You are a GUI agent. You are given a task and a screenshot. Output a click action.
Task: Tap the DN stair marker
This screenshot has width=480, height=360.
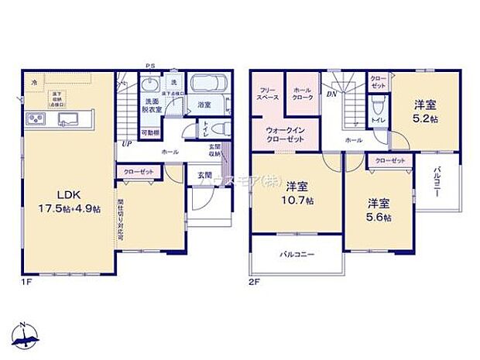tap(331, 94)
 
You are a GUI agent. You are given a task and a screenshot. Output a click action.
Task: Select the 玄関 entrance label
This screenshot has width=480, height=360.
tap(203, 175)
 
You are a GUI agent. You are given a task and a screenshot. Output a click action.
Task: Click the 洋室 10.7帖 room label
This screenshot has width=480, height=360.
tap(298, 193)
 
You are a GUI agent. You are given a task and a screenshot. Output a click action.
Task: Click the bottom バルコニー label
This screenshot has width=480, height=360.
tap(296, 255)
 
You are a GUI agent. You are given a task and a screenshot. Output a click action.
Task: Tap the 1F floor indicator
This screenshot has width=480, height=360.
tap(28, 282)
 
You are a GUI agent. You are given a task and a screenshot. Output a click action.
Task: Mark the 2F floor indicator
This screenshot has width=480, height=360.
tap(254, 282)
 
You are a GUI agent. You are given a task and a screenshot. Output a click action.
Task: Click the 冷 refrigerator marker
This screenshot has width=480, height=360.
tap(33, 80)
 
